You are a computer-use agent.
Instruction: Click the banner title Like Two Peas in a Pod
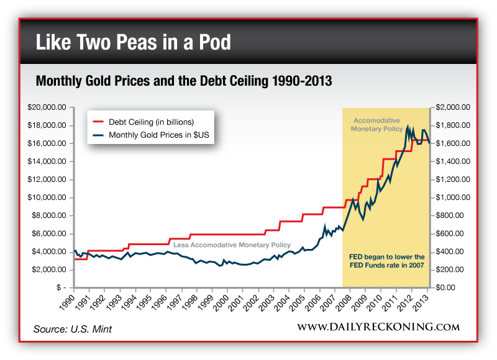click(134, 43)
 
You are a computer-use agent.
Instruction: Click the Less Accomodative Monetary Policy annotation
click(231, 245)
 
